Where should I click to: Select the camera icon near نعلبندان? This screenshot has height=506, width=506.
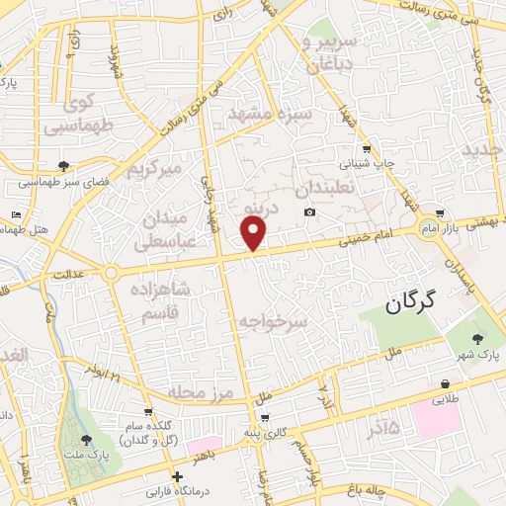(x=310, y=212)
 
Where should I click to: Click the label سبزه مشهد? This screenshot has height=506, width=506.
(x=271, y=116)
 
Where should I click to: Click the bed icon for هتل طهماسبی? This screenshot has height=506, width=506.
(x=16, y=214)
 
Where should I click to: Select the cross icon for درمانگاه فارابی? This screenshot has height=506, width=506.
(x=177, y=476)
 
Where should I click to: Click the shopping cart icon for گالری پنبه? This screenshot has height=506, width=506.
(x=265, y=417)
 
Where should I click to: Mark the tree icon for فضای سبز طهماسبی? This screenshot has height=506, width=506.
(x=64, y=165)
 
